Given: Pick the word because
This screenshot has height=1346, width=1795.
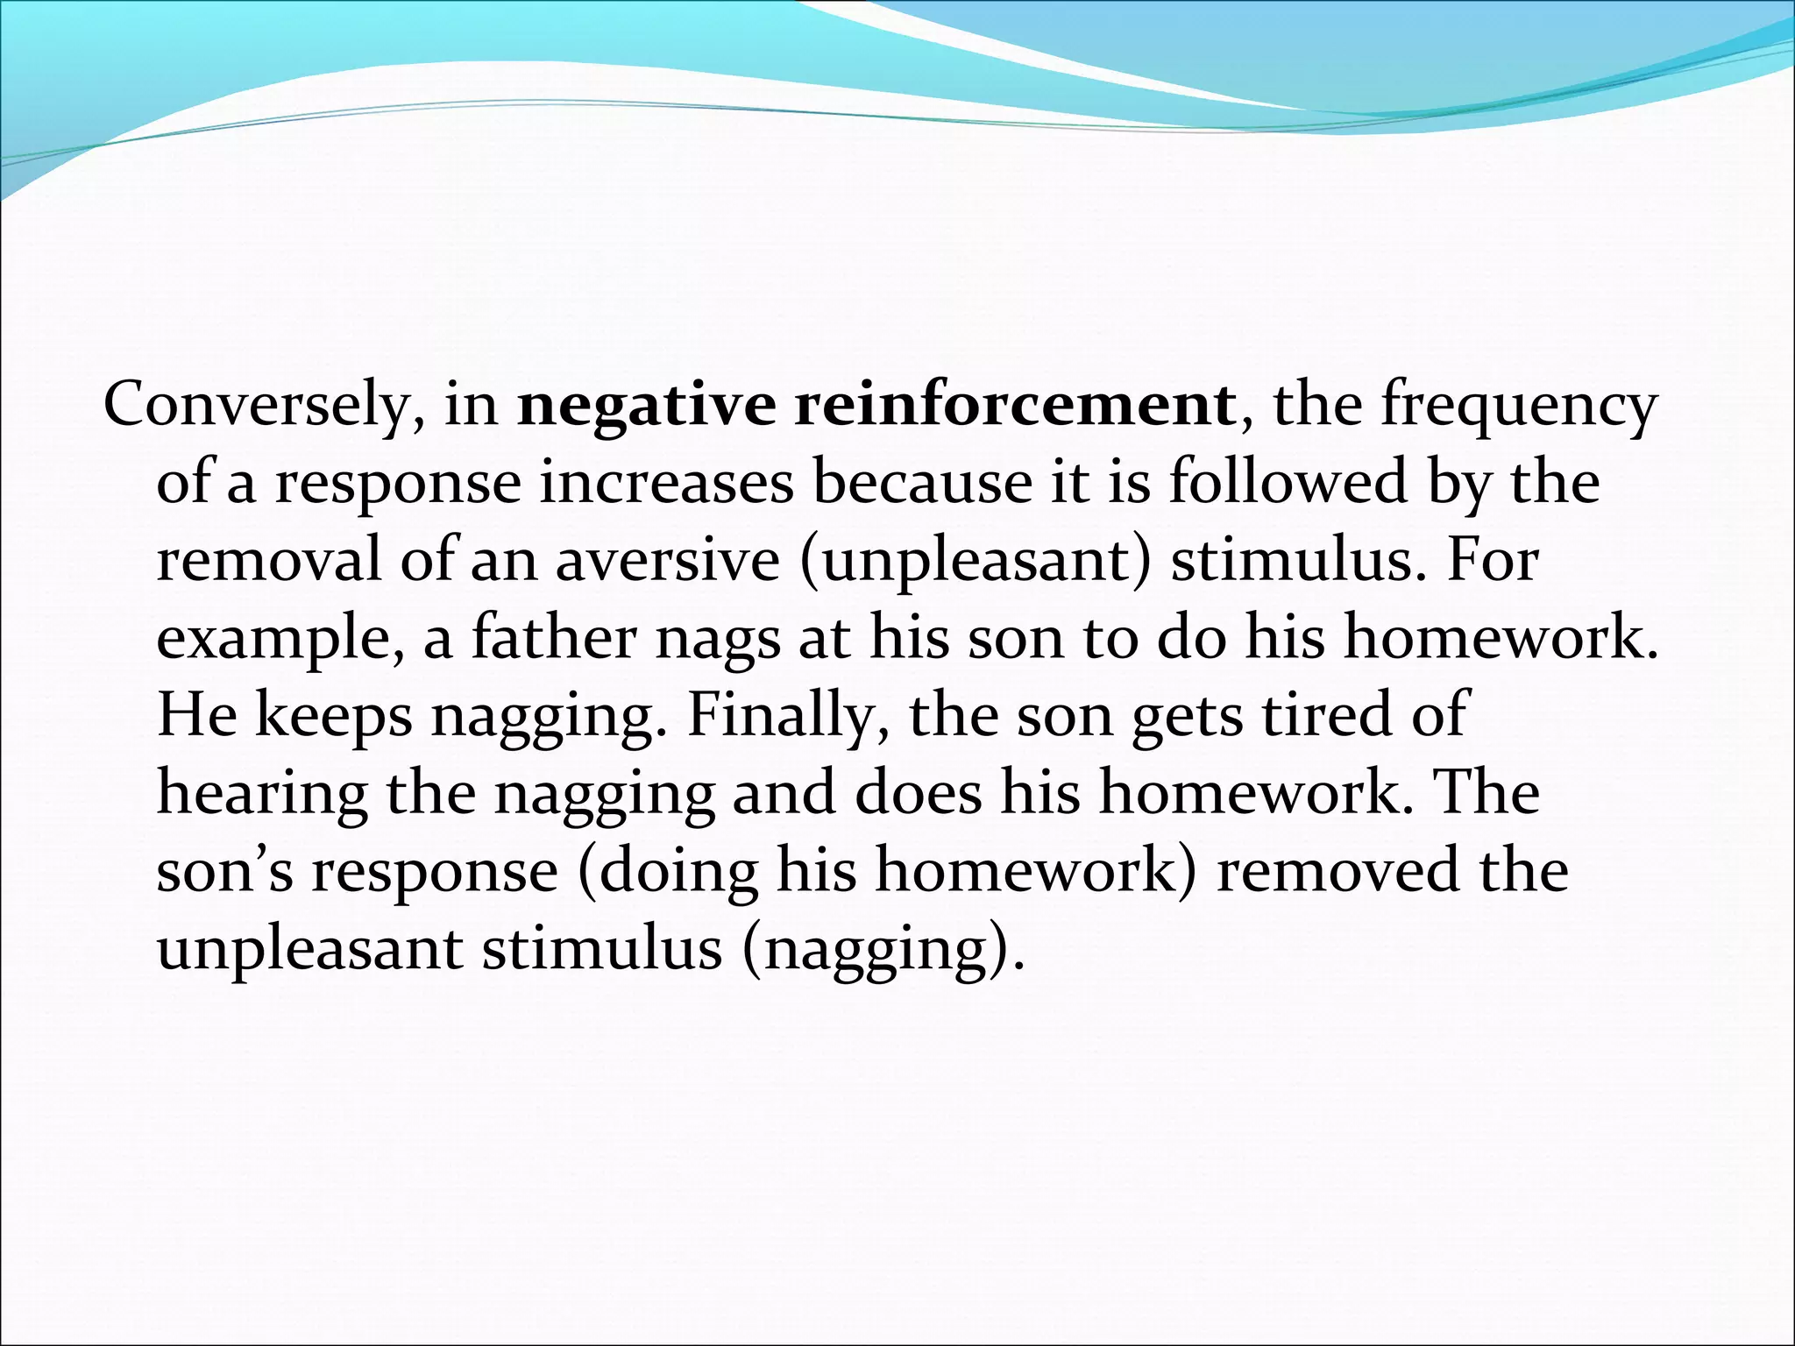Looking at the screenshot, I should [921, 484].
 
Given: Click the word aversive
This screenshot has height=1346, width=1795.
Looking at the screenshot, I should [667, 561].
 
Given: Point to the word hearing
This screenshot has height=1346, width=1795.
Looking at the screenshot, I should [262, 794].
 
